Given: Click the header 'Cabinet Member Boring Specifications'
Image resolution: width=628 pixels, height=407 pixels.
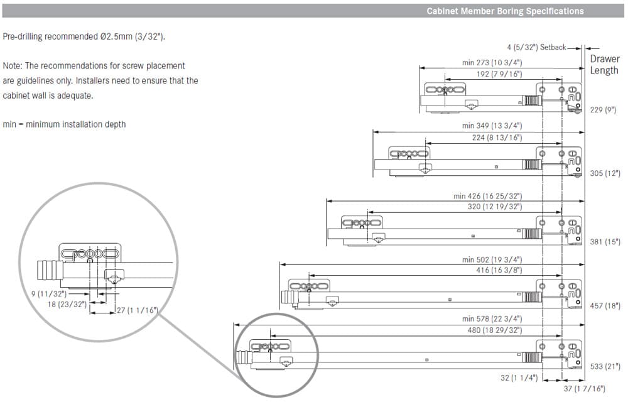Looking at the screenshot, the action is [x=505, y=11].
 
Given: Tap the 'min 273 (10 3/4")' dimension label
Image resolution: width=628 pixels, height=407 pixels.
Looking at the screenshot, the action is [x=492, y=62].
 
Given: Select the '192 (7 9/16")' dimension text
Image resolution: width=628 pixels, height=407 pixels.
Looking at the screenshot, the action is [x=499, y=74].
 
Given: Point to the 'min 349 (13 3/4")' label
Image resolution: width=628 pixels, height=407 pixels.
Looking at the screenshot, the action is [x=492, y=126].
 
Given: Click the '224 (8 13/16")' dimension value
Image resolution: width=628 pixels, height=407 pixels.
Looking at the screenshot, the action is [x=497, y=138].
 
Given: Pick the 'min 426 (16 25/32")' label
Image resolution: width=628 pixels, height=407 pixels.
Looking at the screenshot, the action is [x=488, y=196].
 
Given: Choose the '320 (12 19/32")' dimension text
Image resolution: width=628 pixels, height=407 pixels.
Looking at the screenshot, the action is [x=495, y=207].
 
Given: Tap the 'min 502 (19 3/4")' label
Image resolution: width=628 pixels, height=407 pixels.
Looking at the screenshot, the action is [x=492, y=259].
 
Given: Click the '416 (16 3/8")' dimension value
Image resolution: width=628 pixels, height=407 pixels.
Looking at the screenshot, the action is [x=499, y=271].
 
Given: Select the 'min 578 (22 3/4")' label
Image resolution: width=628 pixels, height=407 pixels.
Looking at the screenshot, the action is [x=492, y=319].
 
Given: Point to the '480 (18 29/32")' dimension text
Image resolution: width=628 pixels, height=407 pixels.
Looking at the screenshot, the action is [x=495, y=330].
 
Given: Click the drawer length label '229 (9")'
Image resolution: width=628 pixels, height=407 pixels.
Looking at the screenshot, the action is [x=603, y=110].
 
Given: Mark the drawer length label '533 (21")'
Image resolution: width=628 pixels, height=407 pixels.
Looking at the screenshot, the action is [x=605, y=367].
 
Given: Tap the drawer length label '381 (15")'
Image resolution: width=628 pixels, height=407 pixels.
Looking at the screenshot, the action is [x=605, y=242].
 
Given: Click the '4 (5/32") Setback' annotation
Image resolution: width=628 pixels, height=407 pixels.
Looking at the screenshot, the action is [x=536, y=47].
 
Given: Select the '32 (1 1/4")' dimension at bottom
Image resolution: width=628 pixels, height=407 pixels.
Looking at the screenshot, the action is [x=519, y=377].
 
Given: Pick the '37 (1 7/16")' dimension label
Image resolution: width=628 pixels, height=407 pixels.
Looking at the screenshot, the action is [x=584, y=389].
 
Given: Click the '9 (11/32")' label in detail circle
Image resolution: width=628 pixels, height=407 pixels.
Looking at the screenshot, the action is [x=49, y=294].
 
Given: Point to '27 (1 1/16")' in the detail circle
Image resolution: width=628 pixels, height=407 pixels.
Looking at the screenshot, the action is [x=137, y=310].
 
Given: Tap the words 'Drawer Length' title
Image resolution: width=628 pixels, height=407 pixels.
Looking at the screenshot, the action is [x=605, y=65].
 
